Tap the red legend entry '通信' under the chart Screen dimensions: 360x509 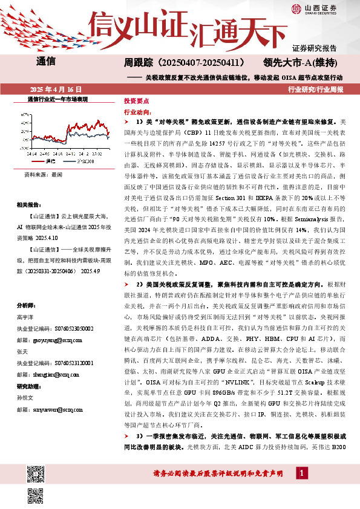[x=47, y=161]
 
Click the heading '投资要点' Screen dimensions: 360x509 [x=136, y=102]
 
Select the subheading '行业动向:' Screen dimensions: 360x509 [x=137, y=112]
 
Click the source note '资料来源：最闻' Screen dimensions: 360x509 [x=44, y=174]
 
